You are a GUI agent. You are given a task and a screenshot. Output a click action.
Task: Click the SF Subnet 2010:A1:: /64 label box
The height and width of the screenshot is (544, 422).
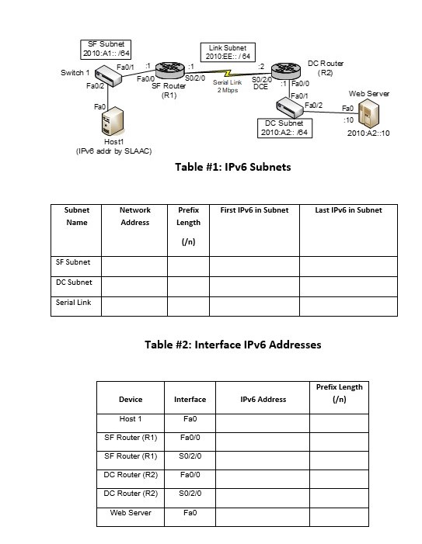click(x=107, y=49)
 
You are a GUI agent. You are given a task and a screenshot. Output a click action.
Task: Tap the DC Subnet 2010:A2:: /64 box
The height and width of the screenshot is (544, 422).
click(x=284, y=128)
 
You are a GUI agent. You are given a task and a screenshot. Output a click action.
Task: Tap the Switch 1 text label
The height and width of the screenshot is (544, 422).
click(x=75, y=72)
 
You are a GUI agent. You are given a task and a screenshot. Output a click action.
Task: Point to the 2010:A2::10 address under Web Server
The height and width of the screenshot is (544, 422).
click(x=369, y=133)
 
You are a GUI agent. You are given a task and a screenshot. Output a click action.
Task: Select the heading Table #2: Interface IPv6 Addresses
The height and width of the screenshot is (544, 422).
click(x=232, y=345)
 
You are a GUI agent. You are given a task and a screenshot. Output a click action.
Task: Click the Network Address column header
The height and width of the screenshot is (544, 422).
click(x=134, y=216)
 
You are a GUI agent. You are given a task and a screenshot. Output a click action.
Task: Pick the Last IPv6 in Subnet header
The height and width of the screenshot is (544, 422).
click(x=347, y=210)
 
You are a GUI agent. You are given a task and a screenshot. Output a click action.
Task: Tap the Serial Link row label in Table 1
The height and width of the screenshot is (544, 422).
click(x=73, y=303)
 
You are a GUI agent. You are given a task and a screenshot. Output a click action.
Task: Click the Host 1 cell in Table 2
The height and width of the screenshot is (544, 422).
click(x=130, y=419)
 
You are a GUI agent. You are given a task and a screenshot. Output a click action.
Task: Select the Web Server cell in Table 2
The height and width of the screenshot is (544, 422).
click(x=130, y=513)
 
